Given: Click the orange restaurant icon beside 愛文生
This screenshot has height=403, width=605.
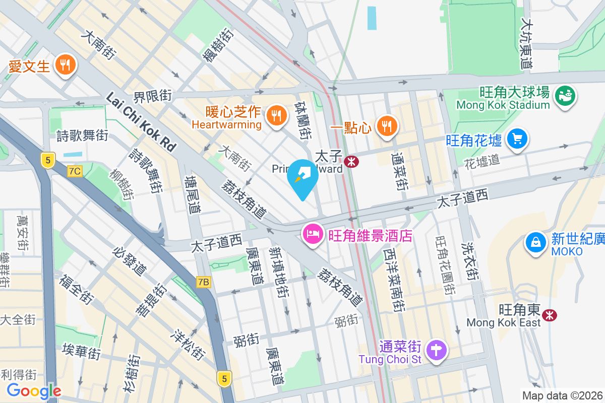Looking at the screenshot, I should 64,64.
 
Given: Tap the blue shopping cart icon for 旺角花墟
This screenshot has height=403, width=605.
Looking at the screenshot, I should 517,139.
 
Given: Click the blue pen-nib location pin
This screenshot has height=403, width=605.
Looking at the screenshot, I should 302,177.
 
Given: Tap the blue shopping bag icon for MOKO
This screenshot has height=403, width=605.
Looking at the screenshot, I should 536,243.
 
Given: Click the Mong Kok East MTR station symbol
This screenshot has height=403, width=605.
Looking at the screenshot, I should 549,315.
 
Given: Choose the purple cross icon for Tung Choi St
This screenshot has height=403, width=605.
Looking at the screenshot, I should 437,349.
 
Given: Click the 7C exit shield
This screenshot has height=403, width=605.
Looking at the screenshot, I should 75,171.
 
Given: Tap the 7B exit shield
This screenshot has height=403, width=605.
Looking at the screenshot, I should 203,282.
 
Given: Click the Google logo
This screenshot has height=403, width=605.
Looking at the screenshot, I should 34,391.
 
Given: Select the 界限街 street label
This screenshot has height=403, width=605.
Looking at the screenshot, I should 153,96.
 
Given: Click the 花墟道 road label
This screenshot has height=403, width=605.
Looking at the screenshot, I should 482,161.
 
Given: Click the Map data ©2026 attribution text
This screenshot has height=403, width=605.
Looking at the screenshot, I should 562,395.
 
